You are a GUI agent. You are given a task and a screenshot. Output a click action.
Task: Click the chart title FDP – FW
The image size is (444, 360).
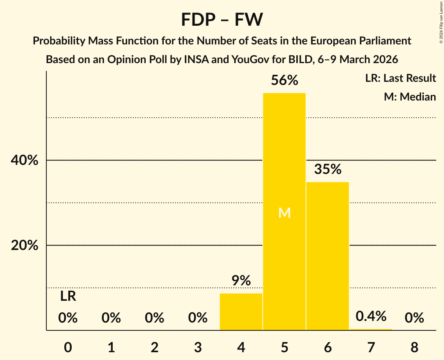222,20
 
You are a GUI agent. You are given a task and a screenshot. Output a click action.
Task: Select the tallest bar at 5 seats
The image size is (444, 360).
284,234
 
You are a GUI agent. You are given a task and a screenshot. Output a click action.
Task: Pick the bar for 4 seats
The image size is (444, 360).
241,312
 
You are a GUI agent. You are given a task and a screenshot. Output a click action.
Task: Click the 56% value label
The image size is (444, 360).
284,81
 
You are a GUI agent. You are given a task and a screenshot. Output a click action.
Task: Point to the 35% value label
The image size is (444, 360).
327,169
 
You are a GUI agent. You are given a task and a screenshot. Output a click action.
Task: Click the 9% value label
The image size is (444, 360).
241,281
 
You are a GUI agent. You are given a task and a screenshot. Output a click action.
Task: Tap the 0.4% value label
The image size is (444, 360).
371,316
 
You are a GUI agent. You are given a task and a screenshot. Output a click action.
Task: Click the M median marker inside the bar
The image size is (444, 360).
284,213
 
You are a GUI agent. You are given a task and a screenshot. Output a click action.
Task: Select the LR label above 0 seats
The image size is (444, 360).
68,296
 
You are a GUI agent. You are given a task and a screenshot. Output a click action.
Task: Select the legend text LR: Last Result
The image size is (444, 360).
400,78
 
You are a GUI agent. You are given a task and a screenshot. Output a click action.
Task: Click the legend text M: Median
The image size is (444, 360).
410,97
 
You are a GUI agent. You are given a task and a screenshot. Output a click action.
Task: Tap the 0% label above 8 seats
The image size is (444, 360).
414,318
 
